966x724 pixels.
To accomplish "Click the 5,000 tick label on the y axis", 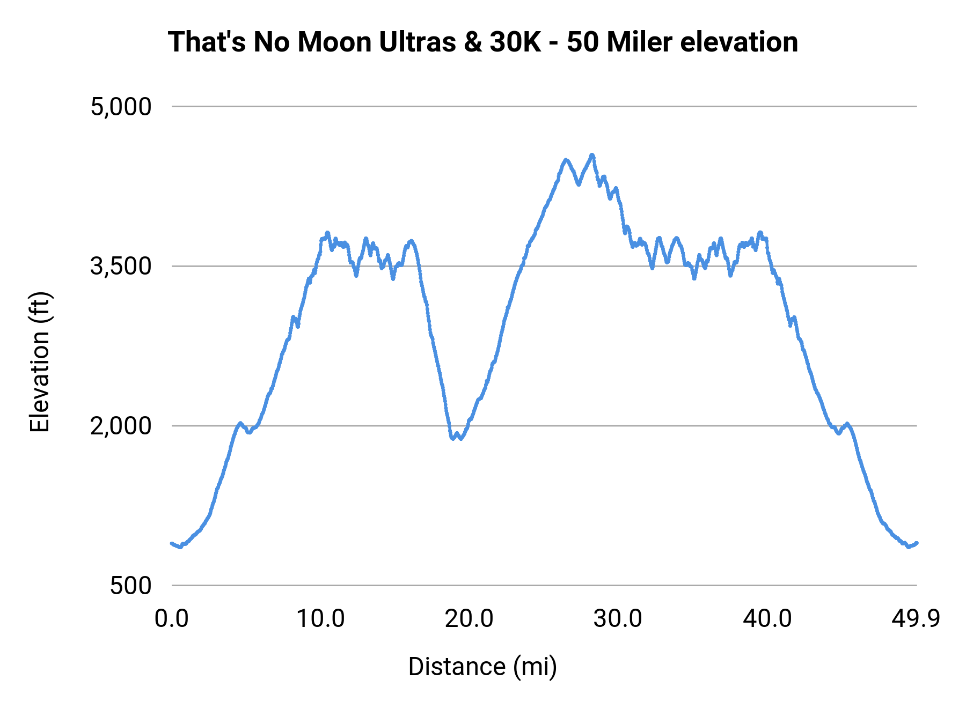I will click(121, 107).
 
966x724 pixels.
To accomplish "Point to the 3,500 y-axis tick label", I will click(121, 266).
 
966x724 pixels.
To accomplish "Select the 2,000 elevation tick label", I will click(121, 426).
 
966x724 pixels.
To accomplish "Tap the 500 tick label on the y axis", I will click(131, 586).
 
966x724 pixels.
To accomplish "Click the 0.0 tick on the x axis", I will click(171, 618).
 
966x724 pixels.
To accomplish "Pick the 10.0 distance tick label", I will click(320, 618).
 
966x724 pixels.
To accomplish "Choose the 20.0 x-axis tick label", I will click(469, 618).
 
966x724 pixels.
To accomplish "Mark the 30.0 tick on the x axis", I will click(618, 618).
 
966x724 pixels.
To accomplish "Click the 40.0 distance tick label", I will click(767, 618).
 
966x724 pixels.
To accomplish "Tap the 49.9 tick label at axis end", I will click(916, 618).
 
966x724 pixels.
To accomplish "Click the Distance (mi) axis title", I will click(482, 667).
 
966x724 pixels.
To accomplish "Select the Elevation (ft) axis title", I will click(40, 362).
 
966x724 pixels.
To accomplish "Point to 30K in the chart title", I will click(515, 42).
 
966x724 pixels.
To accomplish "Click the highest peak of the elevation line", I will click(592, 155).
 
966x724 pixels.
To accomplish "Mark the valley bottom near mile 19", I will click(453, 439).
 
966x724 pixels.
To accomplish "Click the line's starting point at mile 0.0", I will click(172, 543).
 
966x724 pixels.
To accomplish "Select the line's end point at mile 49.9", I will click(917, 543).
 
